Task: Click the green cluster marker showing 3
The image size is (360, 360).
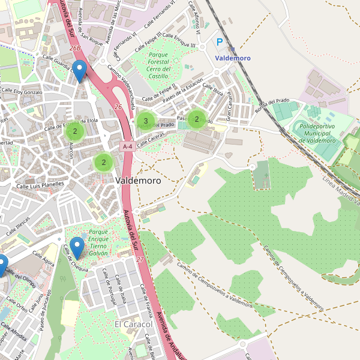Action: click(145, 121)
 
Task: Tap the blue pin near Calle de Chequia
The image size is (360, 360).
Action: click(77, 247)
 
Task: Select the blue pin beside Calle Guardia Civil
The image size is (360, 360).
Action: click(79, 71)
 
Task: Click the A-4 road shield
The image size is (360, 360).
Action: click(127, 146)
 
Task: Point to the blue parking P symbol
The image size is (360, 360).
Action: click(220, 43)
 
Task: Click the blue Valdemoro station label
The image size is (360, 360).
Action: click(233, 58)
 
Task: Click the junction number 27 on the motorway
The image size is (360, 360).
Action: click(140, 259)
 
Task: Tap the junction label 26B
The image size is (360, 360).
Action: click(74, 47)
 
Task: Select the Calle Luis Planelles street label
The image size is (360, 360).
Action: click(40, 185)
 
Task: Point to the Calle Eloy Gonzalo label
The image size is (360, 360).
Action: click(22, 92)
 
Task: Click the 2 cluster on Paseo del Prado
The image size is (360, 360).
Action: click(196, 119)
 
